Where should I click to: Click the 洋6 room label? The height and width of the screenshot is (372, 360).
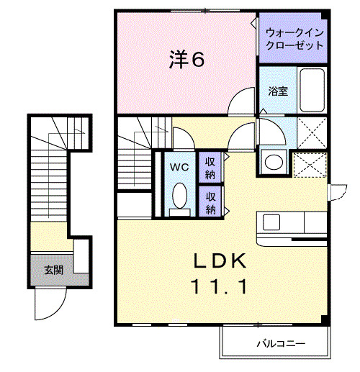tap(186, 60)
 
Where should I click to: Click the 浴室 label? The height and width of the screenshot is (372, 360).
tap(278, 91)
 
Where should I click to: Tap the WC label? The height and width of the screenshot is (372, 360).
tap(179, 166)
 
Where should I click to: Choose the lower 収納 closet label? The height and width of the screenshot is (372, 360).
tap(210, 202)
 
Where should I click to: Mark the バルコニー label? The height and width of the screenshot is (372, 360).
tap(281, 343)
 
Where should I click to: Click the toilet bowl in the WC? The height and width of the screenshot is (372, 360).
tap(180, 195)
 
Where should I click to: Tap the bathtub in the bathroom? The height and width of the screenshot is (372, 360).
tap(312, 90)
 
